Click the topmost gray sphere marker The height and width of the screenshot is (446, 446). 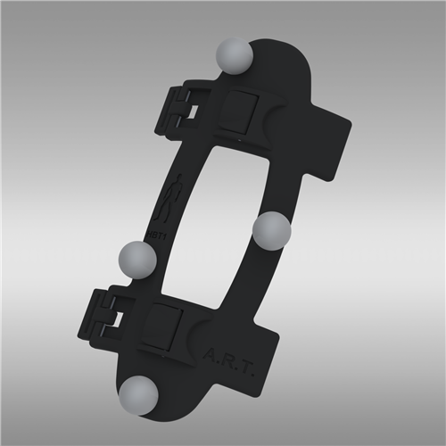tap(235, 56)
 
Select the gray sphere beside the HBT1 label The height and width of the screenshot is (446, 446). tap(137, 259)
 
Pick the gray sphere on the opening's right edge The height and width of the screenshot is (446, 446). tap(271, 232)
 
